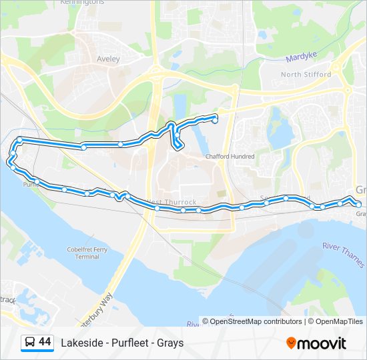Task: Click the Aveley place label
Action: tap(109, 59)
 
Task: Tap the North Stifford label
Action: tap(306, 74)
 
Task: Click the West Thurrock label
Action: tap(171, 202)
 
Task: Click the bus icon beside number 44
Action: tap(30, 343)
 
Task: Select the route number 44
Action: tap(45, 342)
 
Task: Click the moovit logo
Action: tap(316, 343)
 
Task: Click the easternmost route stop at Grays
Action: tap(358, 205)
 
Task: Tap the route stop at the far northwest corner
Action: tap(20, 139)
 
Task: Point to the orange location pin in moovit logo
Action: tap(291, 343)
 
